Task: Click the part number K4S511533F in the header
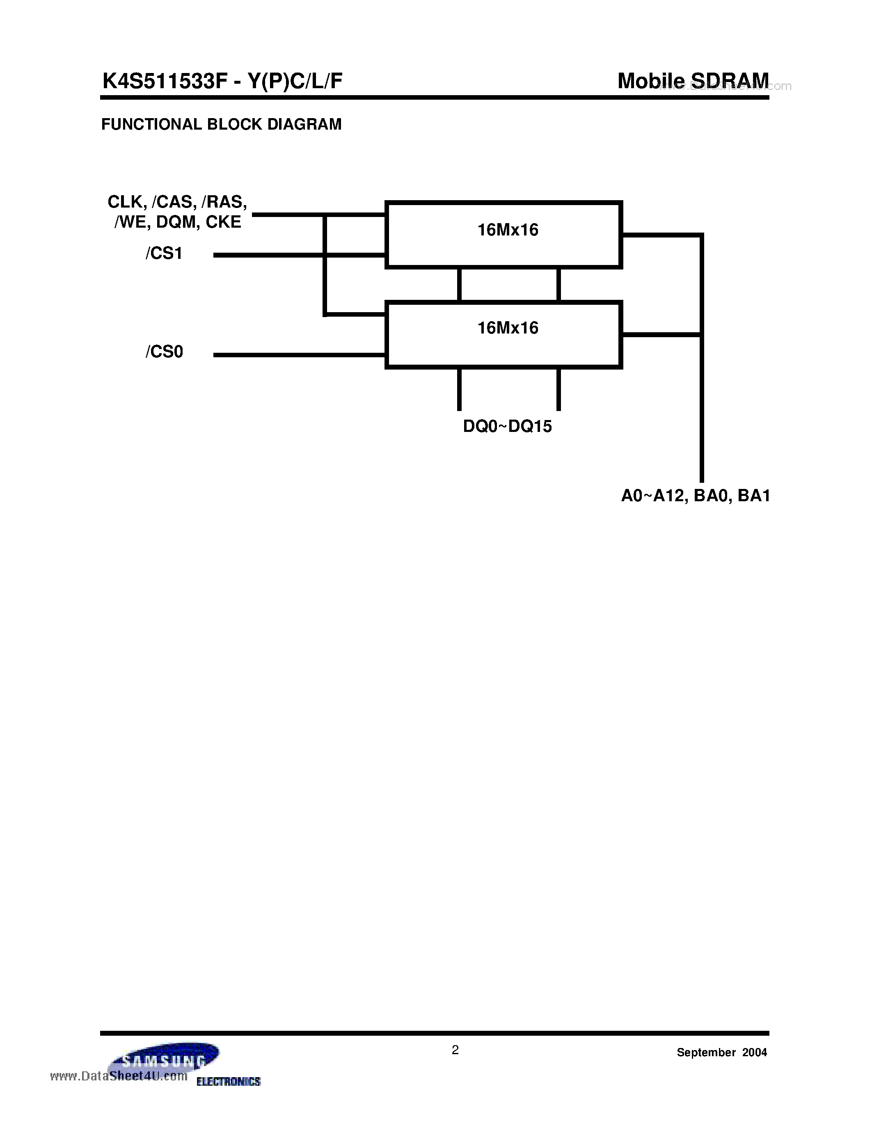(164, 81)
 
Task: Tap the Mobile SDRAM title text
(693, 81)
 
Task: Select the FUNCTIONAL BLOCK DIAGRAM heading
(221, 124)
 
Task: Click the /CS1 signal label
(164, 253)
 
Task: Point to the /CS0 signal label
(164, 352)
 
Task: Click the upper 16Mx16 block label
(507, 230)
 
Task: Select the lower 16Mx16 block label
(507, 328)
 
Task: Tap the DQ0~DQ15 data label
(507, 426)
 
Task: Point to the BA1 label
(754, 496)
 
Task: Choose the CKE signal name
(223, 222)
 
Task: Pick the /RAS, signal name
(224, 202)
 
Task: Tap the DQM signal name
(176, 222)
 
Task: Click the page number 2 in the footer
(455, 1050)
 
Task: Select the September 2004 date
(722, 1052)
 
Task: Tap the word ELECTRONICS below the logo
(228, 1081)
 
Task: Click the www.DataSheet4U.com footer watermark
(119, 1076)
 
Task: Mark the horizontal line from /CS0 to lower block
(299, 355)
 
